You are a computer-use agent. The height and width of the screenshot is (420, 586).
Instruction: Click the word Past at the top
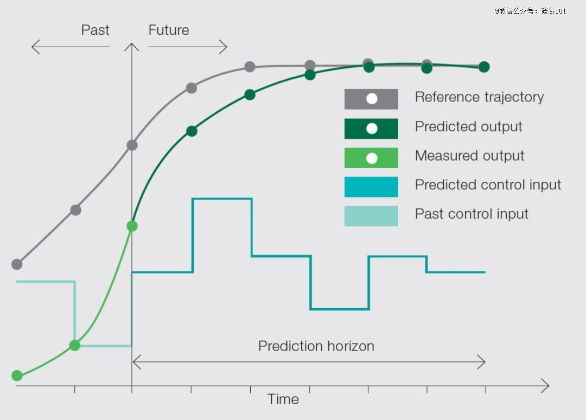(95, 30)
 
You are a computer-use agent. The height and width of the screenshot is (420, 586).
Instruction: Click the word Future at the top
(169, 30)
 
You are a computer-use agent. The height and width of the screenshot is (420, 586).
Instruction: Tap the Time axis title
(283, 399)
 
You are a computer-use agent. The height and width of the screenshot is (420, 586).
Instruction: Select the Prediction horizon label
(316, 346)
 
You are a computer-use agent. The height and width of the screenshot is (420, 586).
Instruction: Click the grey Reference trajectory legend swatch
(371, 99)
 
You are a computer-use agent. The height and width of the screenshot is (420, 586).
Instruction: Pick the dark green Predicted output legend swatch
(371, 129)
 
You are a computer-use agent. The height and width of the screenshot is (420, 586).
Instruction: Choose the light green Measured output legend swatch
(371, 158)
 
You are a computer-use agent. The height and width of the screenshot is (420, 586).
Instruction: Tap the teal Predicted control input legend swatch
(371, 187)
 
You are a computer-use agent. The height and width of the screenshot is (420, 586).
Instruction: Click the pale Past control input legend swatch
(371, 216)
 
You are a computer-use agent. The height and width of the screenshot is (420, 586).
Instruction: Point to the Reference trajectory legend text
(479, 97)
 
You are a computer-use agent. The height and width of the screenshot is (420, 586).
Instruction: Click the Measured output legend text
(469, 156)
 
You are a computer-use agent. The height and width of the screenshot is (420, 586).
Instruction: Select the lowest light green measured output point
(17, 376)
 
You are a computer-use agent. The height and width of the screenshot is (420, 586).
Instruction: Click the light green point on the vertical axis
(132, 226)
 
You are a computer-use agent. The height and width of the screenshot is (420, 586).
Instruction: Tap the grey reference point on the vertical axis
(132, 145)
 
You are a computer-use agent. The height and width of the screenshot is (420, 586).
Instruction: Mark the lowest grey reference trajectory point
(17, 264)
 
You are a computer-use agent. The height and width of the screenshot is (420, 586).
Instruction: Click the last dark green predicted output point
(484, 67)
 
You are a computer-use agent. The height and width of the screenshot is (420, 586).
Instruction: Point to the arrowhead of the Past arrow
(33, 47)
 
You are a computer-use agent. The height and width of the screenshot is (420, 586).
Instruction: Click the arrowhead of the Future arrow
(226, 47)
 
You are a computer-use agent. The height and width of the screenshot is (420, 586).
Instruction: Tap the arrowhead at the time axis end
(548, 386)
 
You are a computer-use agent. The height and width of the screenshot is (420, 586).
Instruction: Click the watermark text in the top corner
(530, 11)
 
